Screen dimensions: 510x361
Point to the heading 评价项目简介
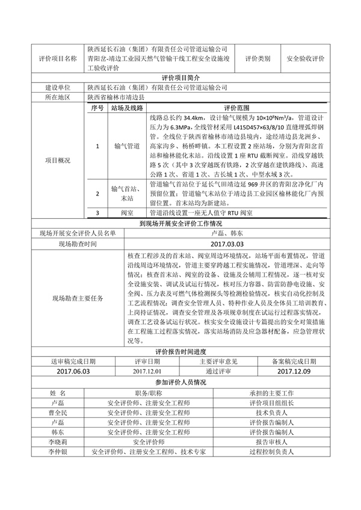(x=180, y=78)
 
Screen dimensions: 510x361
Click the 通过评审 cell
(x=218, y=372)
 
